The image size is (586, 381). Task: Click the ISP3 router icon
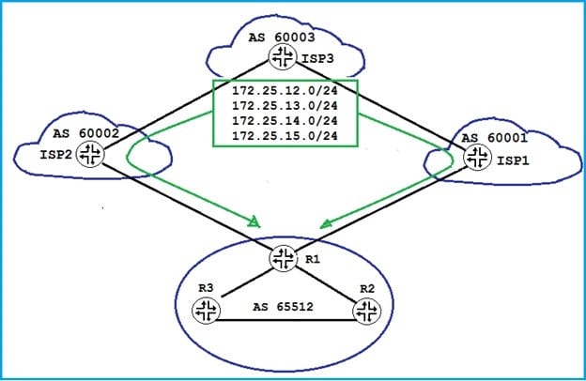(281, 58)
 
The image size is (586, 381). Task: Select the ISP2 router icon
(91, 155)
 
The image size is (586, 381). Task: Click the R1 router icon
(282, 258)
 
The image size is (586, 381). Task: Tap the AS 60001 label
(490, 139)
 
